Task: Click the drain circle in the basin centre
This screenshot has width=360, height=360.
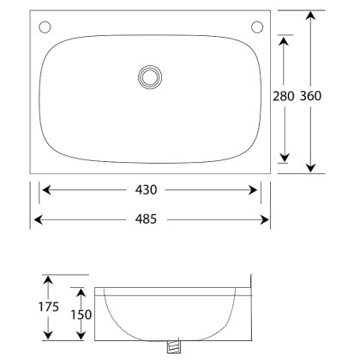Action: pos(150,77)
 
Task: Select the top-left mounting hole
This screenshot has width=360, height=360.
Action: pos(45,27)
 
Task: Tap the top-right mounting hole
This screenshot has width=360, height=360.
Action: pos(256,27)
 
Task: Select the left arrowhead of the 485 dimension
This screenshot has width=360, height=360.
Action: pos(37,219)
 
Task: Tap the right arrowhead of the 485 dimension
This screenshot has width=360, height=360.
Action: pos(266,219)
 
